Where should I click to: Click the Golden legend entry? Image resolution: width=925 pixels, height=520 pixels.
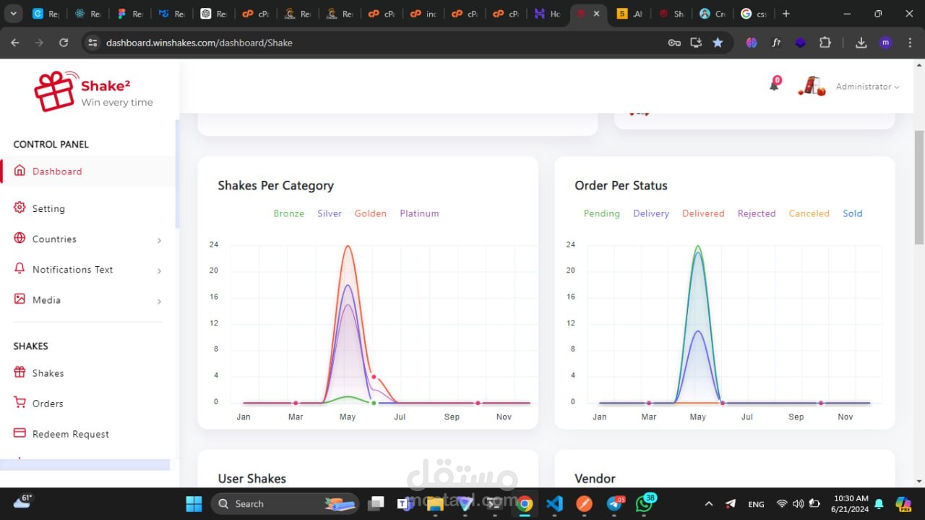[x=370, y=213]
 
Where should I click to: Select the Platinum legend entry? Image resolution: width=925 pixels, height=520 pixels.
[x=419, y=213]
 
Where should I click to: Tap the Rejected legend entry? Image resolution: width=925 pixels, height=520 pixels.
[x=756, y=213]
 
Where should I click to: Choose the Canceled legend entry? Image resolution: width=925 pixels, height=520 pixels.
[x=809, y=213]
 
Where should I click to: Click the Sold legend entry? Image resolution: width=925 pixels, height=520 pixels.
[x=852, y=213]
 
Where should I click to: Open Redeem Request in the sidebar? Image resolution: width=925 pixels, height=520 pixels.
[x=70, y=434]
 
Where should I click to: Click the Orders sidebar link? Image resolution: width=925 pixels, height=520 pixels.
[x=48, y=404]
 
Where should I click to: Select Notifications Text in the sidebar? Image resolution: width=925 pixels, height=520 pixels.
[x=72, y=270]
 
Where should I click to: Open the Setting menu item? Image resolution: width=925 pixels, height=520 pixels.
[x=48, y=208]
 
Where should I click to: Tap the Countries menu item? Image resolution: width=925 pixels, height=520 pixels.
[x=54, y=239]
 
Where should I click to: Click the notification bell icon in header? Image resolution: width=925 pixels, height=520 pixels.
[x=774, y=86]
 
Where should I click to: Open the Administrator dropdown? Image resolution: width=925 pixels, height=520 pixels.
[x=867, y=87]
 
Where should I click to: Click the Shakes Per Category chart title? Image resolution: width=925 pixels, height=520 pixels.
[x=275, y=186]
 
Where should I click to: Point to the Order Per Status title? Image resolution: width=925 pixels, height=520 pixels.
[x=621, y=186]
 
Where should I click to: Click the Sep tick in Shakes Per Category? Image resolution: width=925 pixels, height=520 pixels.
[x=452, y=417]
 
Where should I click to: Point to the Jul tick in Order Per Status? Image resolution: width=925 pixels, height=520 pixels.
[x=747, y=417]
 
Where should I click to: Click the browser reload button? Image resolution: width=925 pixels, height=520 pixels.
[x=64, y=43]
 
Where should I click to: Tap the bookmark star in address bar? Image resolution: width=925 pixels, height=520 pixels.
[x=718, y=43]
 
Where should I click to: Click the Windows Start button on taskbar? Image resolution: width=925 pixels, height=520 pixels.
[x=194, y=503]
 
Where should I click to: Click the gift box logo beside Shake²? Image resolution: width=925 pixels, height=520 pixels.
[x=55, y=92]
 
